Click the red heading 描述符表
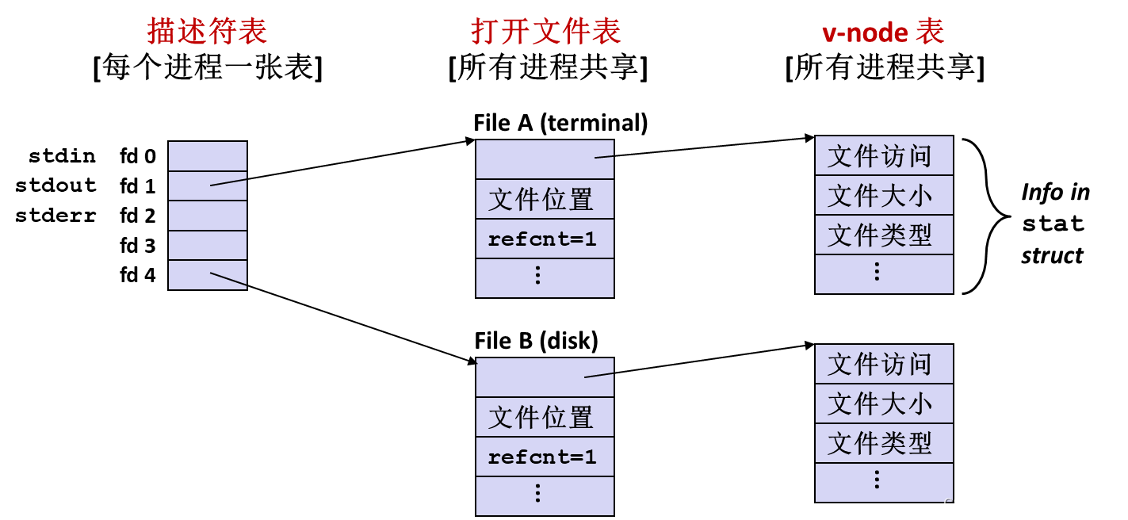pos(207,32)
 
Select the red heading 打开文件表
pos(545,32)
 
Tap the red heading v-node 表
pos(883,32)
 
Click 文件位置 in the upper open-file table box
pos(541,199)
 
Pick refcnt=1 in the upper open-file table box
pos(542,239)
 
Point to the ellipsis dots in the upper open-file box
pos(537,275)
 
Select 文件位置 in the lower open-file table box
pos(541,417)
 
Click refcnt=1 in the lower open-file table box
pos(542,457)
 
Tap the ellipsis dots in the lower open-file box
pos(537,493)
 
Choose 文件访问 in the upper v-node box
pos(880,156)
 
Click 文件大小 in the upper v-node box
pos(880,195)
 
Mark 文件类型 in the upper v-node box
pos(880,235)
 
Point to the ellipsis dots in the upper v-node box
pos(877,272)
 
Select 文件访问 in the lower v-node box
pos(880,365)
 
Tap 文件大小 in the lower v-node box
pos(880,403)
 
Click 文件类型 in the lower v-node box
pos(880,443)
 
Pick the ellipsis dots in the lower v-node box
pos(877,480)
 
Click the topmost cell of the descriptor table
pos(208,156)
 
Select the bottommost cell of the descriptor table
pos(208,275)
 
